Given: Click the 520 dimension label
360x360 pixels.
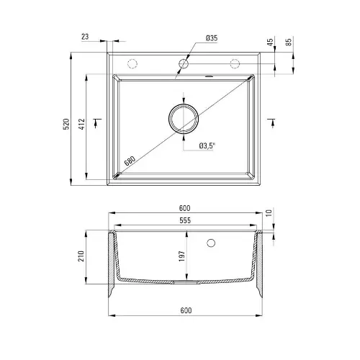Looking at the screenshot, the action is [x=66, y=124].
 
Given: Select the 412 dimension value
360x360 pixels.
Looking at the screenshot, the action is [x=82, y=124].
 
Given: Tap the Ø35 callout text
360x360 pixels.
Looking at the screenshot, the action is [x=212, y=38].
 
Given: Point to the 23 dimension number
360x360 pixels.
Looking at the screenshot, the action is [x=85, y=37].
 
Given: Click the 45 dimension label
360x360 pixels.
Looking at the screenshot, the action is [x=271, y=42].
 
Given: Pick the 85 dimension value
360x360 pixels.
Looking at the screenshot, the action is [x=289, y=42].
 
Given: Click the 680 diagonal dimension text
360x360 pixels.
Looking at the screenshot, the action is [x=130, y=161].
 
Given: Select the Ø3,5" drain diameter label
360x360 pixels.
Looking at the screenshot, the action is [x=207, y=145].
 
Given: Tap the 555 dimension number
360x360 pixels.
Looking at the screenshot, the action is [x=185, y=220].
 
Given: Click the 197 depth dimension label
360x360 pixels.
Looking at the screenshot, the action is [x=182, y=256].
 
